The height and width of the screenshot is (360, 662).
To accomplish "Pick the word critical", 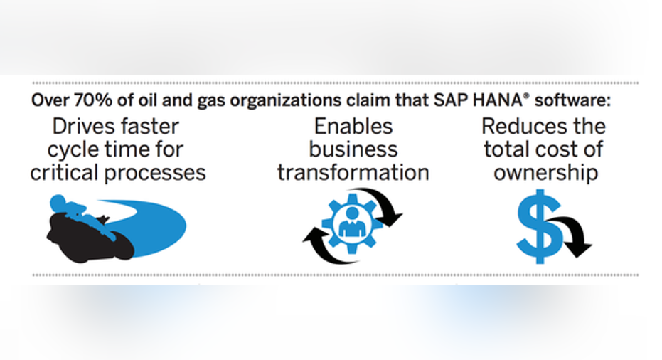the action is pyautogui.click(x=64, y=172).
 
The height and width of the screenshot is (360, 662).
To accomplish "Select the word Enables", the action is pyautogui.click(x=353, y=127).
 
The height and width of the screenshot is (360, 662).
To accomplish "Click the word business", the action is pyautogui.click(x=353, y=149).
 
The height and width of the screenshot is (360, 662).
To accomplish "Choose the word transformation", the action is pyautogui.click(x=353, y=172).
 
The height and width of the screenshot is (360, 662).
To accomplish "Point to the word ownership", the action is pyautogui.click(x=546, y=173).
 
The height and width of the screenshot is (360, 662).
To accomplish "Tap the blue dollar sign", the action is pyautogui.click(x=539, y=226).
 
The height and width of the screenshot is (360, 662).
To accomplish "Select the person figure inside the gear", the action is pyautogui.click(x=352, y=223).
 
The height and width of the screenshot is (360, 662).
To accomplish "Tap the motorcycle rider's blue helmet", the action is pyautogui.click(x=58, y=203).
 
